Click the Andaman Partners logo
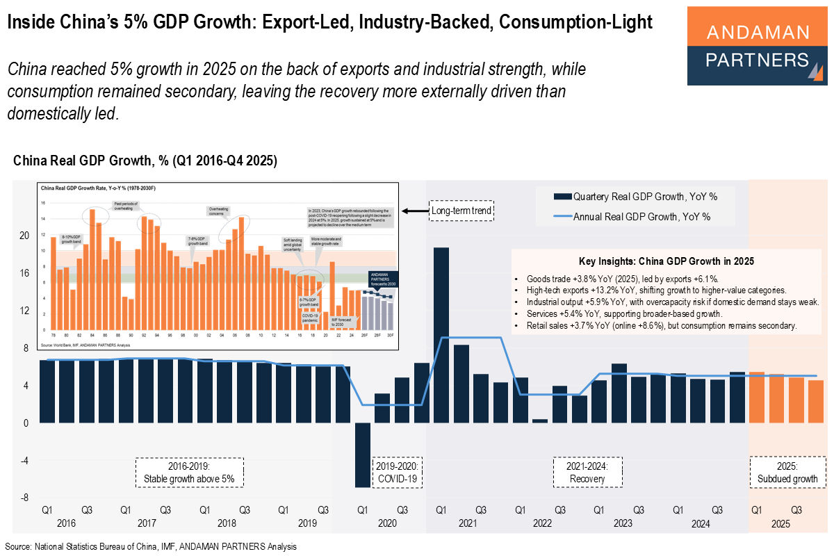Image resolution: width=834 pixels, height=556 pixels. coord(757,46)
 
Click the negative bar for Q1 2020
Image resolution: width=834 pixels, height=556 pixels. coord(362,455)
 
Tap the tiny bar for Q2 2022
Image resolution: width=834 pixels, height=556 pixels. coord(540,420)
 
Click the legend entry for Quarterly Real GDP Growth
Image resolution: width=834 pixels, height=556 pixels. coord(642,197)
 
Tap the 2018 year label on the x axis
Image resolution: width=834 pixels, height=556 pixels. coord(224,523)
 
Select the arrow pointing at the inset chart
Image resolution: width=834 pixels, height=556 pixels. coord(416,211)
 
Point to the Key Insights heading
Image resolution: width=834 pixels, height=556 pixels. coord(666,261)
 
